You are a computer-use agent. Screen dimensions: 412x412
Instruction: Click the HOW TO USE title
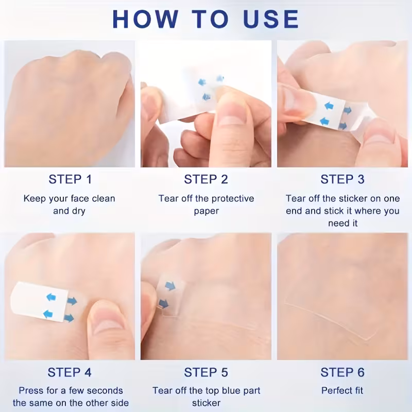pos(205,19)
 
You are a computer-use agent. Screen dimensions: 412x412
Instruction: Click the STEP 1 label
pos(70,179)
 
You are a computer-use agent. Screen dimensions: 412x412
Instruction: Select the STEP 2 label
pos(206,179)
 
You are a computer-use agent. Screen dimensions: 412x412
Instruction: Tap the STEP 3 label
pos(342,179)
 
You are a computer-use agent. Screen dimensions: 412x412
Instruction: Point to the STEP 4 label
pos(70,372)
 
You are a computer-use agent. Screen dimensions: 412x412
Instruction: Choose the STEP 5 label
pos(206,372)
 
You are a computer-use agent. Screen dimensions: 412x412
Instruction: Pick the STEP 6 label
pos(342,372)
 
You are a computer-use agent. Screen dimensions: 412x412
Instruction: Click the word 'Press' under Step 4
pos(29,391)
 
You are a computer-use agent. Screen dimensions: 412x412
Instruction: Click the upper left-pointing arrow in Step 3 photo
pos(329,106)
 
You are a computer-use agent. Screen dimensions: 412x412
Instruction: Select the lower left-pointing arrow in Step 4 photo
pos(48,314)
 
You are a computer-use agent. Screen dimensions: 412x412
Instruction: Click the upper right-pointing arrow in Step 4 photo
pos(72,301)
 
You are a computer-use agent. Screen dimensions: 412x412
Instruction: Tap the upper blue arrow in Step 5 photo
pos(170,286)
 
